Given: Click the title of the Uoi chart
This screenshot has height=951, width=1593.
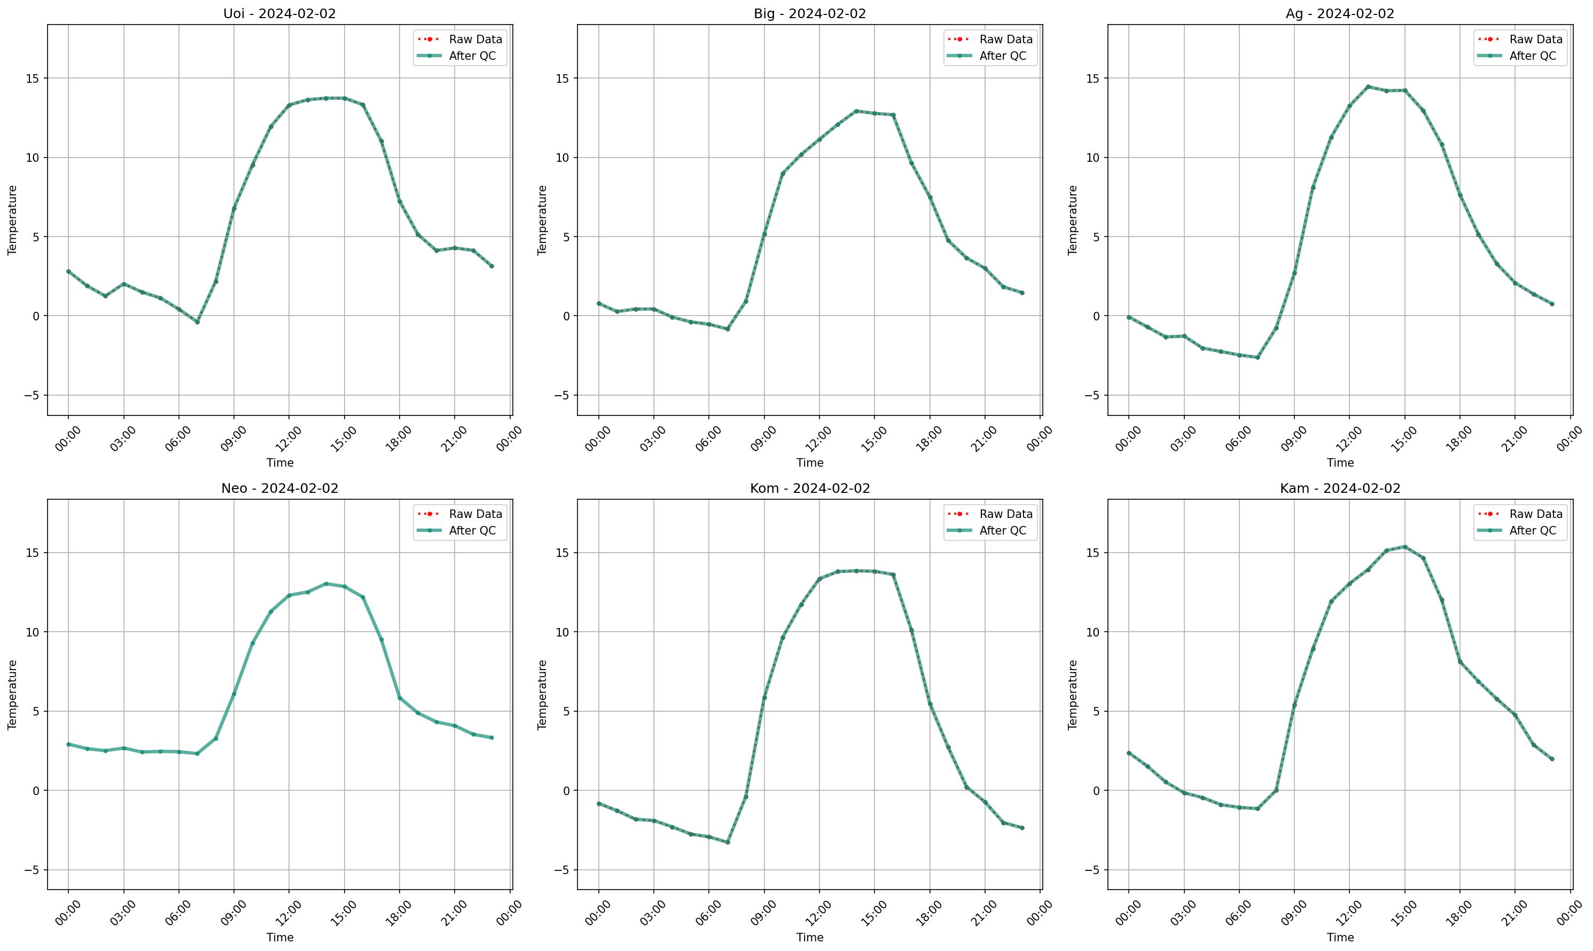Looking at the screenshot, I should pyautogui.click(x=279, y=13).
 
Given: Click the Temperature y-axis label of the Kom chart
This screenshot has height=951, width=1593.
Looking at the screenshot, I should pyautogui.click(x=542, y=695).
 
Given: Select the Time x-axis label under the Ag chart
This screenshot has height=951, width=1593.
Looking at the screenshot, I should pyautogui.click(x=1340, y=462).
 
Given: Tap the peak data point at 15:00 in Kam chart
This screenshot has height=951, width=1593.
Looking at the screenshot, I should pyautogui.click(x=1404, y=547).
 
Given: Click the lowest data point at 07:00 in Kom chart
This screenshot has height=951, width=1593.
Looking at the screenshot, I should pyautogui.click(x=728, y=842).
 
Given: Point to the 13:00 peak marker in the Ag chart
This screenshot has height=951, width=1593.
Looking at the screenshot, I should pyautogui.click(x=1368, y=87).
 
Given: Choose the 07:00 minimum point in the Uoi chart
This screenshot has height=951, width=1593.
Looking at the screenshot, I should pyautogui.click(x=198, y=321).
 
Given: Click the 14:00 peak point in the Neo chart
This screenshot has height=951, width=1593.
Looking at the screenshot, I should pyautogui.click(x=326, y=584).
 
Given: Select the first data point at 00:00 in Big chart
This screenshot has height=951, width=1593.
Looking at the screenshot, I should pyautogui.click(x=599, y=303).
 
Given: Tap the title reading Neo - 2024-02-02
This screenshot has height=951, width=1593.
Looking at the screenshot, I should pyautogui.click(x=279, y=489).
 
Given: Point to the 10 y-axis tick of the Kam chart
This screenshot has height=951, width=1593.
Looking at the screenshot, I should pyautogui.click(x=1090, y=632).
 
